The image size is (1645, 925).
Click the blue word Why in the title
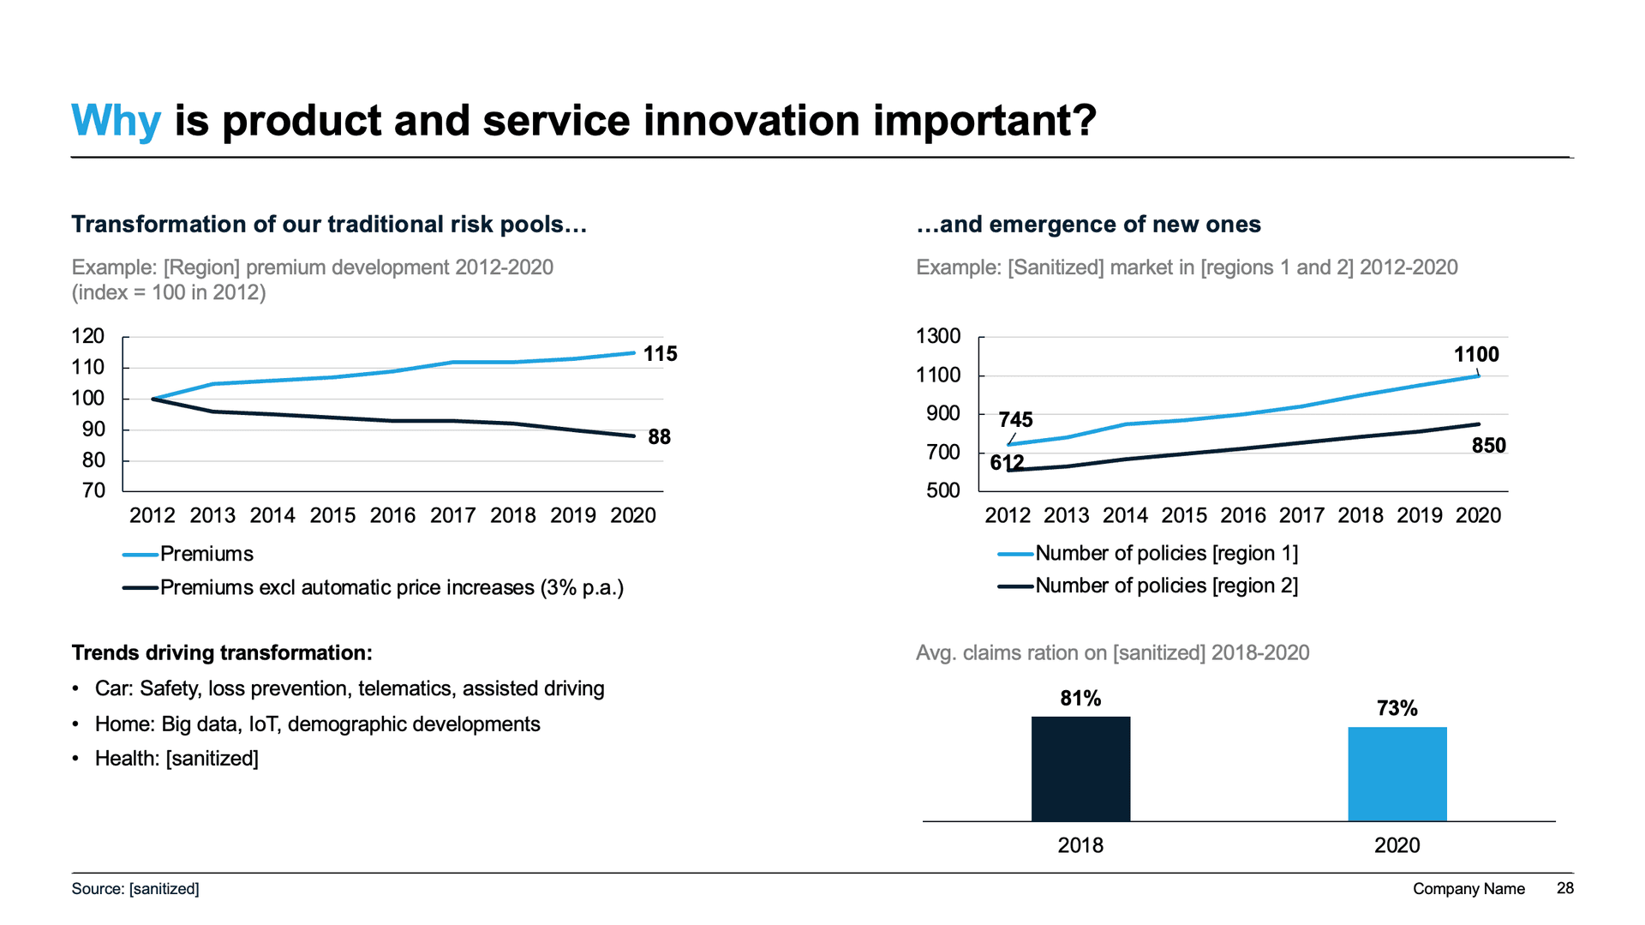(x=116, y=121)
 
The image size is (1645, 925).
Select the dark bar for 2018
(x=1080, y=768)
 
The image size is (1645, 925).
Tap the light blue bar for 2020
(x=1397, y=773)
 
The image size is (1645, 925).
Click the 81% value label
(x=1080, y=699)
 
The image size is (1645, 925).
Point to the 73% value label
(x=1397, y=709)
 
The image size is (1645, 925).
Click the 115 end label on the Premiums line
(x=660, y=354)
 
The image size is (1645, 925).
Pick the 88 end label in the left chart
(x=659, y=437)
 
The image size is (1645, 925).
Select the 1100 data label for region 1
(x=1476, y=355)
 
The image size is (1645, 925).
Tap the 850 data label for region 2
(x=1488, y=446)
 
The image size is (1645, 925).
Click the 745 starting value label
(x=1015, y=420)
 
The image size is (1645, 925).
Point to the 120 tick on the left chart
(x=88, y=336)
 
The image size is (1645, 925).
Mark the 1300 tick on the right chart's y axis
(x=938, y=336)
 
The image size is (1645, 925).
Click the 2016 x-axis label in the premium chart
(x=392, y=515)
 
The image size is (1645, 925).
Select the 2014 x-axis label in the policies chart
(x=1125, y=515)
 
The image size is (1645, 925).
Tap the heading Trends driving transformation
(x=222, y=653)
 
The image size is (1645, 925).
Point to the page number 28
(x=1564, y=888)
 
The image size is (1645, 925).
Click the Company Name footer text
(x=1469, y=889)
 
